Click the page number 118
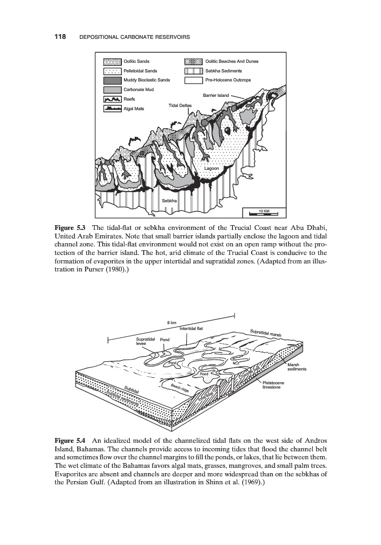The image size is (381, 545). click(x=60, y=37)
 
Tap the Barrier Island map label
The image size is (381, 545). click(x=216, y=95)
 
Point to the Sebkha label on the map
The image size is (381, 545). click(x=169, y=201)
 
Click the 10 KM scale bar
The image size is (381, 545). click(x=264, y=212)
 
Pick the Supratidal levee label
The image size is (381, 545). click(x=145, y=341)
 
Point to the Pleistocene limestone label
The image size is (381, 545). click(x=274, y=385)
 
